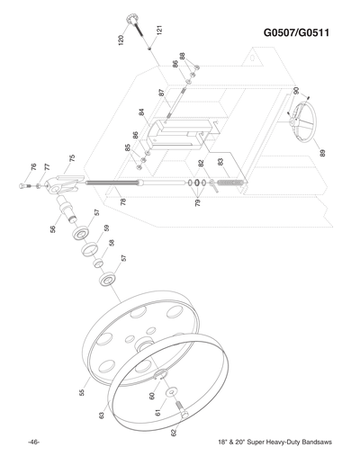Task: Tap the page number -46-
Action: pyautogui.click(x=32, y=443)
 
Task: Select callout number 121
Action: pyautogui.click(x=158, y=29)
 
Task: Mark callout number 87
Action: pyautogui.click(x=162, y=93)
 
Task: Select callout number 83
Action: pyautogui.click(x=221, y=161)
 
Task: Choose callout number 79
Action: pyautogui.click(x=196, y=203)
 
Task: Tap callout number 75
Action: pyautogui.click(x=71, y=158)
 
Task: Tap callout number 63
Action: pyautogui.click(x=102, y=415)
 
